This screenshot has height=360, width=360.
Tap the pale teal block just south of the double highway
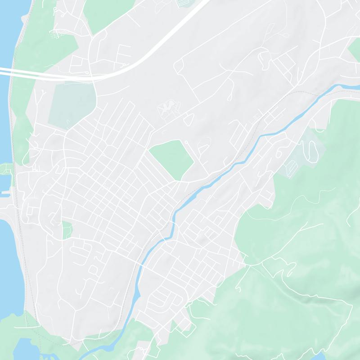click(72, 103)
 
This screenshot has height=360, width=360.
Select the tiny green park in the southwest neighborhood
click(67, 229)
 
